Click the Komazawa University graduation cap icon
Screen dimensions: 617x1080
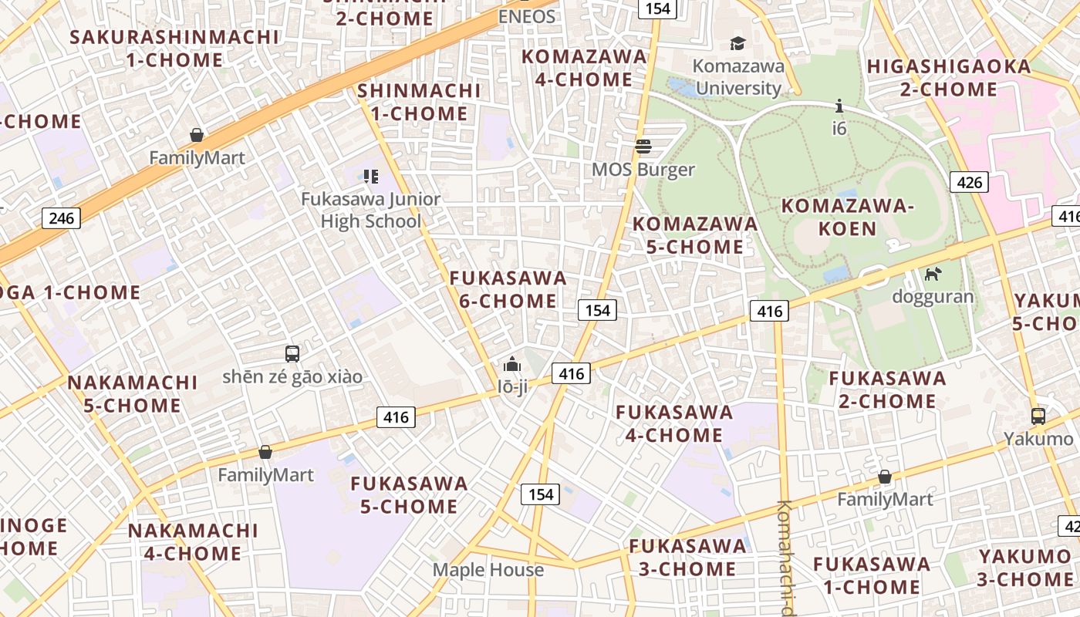(x=738, y=43)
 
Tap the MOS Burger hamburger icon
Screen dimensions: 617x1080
(x=643, y=146)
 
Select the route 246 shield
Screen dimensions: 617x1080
(x=61, y=218)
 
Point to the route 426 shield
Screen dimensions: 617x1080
(x=969, y=182)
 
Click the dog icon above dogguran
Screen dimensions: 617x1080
(x=933, y=274)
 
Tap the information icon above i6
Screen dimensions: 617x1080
(x=839, y=106)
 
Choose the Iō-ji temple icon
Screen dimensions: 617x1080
(x=512, y=364)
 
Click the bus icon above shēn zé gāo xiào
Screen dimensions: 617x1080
(x=292, y=354)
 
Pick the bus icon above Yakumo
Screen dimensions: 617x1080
(x=1038, y=416)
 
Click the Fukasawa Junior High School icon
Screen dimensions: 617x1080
(x=371, y=177)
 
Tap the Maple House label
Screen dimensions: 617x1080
(x=488, y=570)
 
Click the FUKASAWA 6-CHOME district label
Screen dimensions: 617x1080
(x=508, y=289)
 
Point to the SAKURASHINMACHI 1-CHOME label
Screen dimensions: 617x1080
(x=174, y=48)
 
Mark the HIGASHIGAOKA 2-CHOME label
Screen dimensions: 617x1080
(x=949, y=78)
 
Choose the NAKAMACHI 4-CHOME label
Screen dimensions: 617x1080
(x=193, y=542)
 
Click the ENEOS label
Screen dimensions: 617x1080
(x=527, y=16)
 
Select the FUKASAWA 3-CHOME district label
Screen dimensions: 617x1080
(x=688, y=558)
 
